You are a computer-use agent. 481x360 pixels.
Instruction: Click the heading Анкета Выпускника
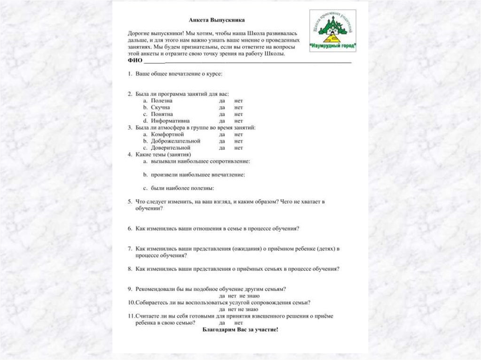pos(217,20)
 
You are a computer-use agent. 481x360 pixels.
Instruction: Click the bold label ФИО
pos(135,61)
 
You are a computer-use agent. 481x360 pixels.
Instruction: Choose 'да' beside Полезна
pos(222,101)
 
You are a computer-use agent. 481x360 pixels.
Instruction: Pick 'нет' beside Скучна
pos(239,107)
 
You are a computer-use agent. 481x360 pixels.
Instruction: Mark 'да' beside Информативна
pos(222,121)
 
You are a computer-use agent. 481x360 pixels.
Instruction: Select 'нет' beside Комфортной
pos(239,134)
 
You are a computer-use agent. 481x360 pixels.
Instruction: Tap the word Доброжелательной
pos(176,141)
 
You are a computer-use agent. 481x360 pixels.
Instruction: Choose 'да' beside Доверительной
pos(222,147)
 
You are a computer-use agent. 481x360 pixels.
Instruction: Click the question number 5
pos(129,202)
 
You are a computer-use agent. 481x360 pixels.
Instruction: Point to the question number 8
pos(129,269)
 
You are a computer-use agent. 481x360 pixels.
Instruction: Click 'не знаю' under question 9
pos(249,296)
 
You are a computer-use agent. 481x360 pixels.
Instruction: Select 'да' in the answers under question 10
pos(222,309)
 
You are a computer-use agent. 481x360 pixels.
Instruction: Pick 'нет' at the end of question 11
pos(239,323)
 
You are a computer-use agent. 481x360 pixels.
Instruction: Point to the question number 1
pos(129,74)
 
